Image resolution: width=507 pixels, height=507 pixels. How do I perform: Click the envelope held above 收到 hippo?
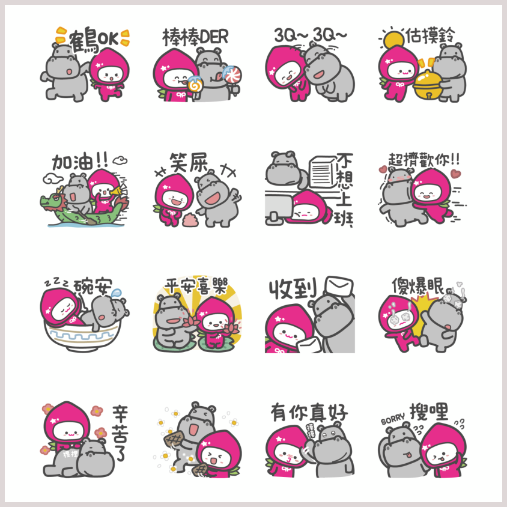click(x=339, y=286)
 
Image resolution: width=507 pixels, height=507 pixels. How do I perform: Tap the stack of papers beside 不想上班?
click(x=323, y=172)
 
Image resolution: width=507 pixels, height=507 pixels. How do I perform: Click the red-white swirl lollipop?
click(x=232, y=75)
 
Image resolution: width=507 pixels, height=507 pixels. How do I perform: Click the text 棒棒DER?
click(x=195, y=37)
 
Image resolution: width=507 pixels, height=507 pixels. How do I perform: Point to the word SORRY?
click(x=393, y=419)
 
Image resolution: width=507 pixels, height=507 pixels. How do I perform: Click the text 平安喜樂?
click(x=196, y=286)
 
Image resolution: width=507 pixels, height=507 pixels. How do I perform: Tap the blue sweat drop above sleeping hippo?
click(x=116, y=293)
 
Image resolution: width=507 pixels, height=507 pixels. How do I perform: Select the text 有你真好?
click(x=309, y=412)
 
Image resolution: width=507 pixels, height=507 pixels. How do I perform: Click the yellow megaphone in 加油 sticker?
click(x=116, y=191)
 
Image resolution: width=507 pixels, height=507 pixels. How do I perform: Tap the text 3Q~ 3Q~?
click(x=311, y=35)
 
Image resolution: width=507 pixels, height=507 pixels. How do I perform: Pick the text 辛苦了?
click(x=120, y=433)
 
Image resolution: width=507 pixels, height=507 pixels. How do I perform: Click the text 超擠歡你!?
click(x=424, y=160)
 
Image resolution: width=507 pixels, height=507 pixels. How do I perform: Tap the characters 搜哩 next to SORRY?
click(x=429, y=411)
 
